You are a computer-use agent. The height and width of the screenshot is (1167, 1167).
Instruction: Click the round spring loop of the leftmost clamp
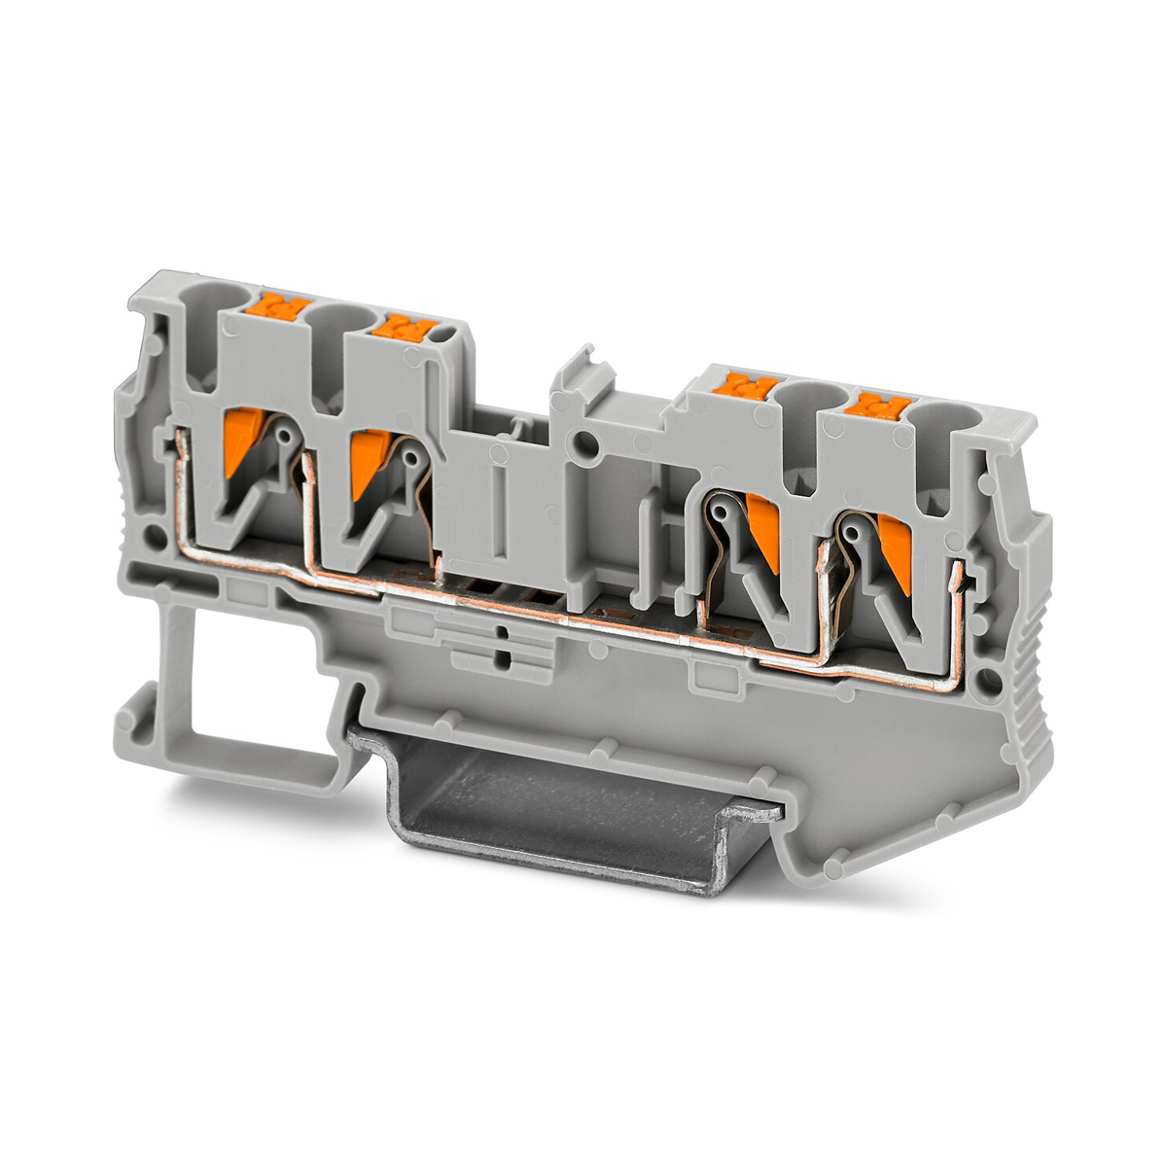(284, 438)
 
